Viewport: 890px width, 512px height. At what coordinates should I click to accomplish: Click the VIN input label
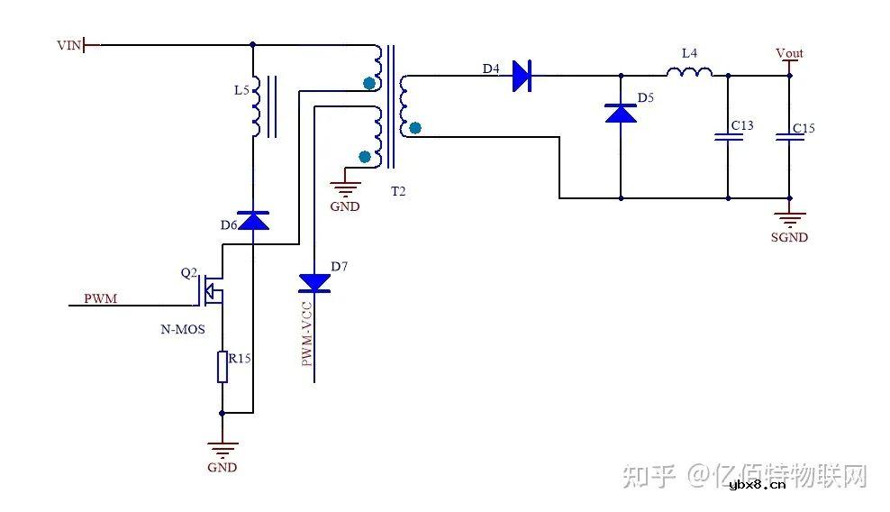tap(68, 44)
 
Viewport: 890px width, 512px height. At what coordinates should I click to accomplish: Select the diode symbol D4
tap(522, 76)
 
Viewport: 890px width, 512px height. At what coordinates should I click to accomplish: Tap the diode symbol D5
tap(620, 113)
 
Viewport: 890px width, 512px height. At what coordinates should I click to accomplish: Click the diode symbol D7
tap(314, 283)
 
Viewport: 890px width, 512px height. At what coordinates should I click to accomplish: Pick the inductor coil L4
tap(689, 73)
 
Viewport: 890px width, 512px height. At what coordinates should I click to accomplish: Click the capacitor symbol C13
tap(727, 137)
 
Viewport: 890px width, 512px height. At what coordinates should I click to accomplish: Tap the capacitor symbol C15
tap(789, 136)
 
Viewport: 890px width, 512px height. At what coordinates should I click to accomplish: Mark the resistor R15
tap(222, 368)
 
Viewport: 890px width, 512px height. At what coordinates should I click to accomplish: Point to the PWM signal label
tap(100, 298)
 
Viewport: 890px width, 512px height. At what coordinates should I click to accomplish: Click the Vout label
tap(789, 53)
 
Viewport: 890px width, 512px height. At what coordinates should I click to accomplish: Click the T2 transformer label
tap(397, 191)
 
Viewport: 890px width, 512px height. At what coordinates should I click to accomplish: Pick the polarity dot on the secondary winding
tap(414, 128)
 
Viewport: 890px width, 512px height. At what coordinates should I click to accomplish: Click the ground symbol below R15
tap(222, 447)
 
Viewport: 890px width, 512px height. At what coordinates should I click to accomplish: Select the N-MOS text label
tap(183, 330)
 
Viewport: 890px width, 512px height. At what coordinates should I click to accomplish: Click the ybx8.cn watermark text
tap(757, 484)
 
